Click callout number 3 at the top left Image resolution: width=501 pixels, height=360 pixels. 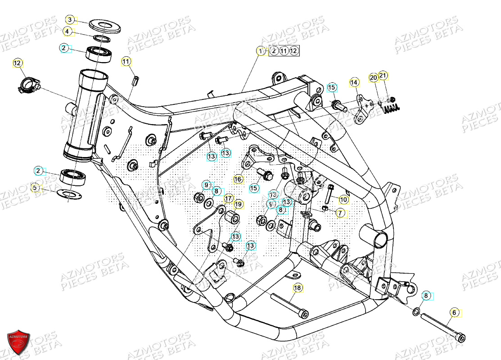[x=70, y=20]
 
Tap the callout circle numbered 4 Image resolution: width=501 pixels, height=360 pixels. [x=67, y=31]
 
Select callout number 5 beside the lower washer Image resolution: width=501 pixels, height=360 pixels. [x=35, y=187]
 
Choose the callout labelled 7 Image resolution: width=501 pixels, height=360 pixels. [x=340, y=212]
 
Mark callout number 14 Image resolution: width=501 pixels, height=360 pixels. [x=354, y=82]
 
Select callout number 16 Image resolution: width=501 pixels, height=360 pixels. [x=238, y=180]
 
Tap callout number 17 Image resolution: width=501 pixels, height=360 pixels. [x=228, y=198]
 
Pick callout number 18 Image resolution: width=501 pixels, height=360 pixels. [x=298, y=288]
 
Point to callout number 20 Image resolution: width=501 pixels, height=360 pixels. [x=373, y=78]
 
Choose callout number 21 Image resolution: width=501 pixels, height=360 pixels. [x=383, y=75]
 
